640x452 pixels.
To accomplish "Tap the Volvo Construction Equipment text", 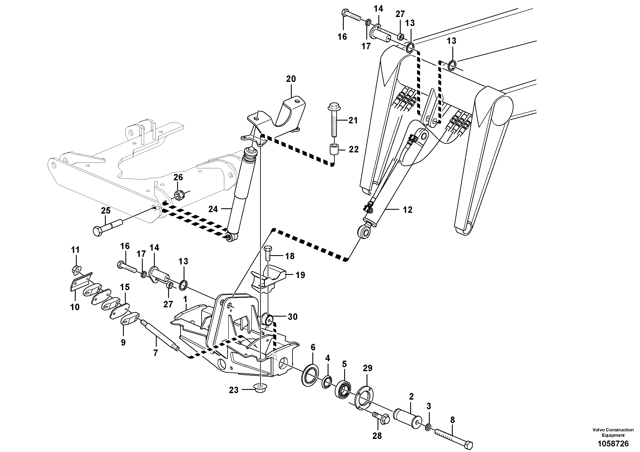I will tap(613, 432).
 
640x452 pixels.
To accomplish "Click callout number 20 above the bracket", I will tap(291, 79).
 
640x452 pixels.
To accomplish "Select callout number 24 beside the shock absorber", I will tap(213, 209).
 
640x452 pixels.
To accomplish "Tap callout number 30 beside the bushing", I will tap(292, 317).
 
